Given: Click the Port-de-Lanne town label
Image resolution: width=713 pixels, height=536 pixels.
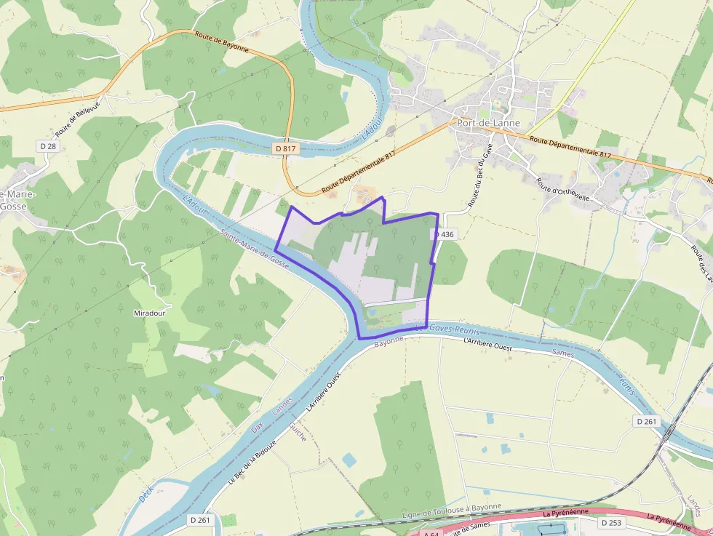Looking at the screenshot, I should click(x=488, y=123).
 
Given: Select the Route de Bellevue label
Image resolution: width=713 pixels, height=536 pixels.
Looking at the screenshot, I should click(x=77, y=117).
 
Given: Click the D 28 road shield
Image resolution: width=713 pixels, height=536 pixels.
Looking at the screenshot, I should click(x=48, y=146).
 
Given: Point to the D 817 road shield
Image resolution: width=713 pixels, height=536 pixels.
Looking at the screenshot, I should click(x=286, y=148).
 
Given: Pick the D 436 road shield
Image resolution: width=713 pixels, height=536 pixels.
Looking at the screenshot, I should click(x=444, y=234).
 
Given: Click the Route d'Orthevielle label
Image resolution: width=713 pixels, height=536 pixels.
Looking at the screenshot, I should click(x=566, y=192).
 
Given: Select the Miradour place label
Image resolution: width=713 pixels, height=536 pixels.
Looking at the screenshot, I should click(x=151, y=313).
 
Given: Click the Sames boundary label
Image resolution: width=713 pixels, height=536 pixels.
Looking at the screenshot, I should click(x=562, y=353).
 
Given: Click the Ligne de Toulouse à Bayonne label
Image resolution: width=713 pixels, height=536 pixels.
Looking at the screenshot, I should click(x=452, y=511).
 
